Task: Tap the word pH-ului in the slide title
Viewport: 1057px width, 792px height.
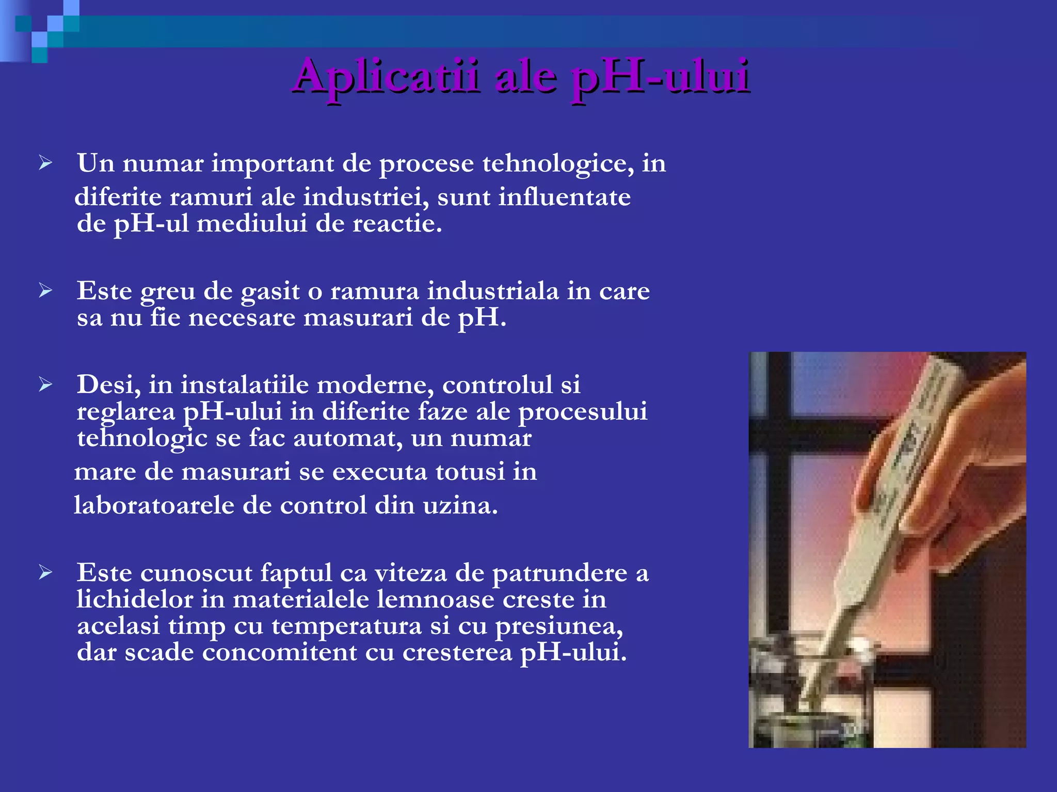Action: [660, 77]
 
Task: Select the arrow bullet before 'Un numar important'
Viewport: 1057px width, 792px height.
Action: [45, 163]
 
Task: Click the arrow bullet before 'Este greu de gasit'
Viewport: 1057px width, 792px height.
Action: [45, 291]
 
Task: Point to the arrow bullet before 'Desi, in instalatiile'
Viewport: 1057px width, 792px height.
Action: [45, 385]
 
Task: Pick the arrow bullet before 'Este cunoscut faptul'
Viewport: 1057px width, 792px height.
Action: [45, 572]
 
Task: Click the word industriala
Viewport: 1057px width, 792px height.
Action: [493, 291]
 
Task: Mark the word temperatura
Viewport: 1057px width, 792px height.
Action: [346, 626]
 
